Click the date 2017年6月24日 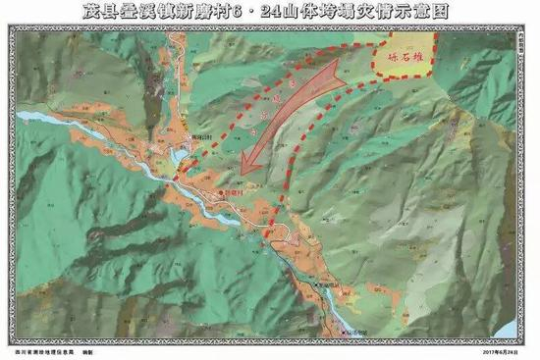point(500,347)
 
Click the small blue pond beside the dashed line point(179,157)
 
